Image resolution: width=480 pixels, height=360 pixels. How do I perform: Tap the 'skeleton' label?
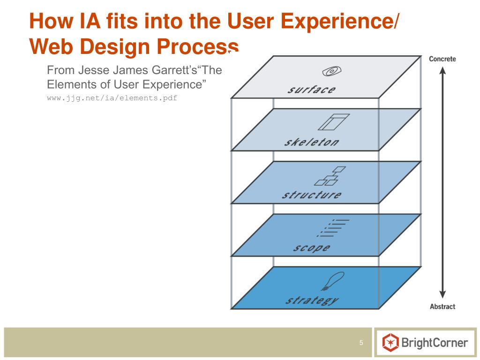(x=311, y=142)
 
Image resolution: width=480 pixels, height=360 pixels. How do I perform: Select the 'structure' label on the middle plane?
(x=311, y=195)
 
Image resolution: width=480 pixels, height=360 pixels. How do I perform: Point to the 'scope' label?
(x=311, y=247)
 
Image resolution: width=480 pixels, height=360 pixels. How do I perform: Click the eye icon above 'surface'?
(x=331, y=71)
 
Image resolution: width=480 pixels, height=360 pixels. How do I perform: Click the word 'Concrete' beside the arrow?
(x=442, y=59)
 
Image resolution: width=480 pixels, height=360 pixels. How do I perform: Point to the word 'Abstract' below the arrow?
(x=442, y=307)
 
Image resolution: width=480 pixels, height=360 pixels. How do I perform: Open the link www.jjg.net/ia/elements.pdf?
(x=112, y=98)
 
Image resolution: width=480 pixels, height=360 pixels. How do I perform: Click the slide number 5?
(x=361, y=343)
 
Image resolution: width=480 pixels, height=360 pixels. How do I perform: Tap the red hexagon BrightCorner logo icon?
(x=390, y=343)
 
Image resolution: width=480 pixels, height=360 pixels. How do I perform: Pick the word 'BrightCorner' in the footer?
(x=435, y=343)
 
